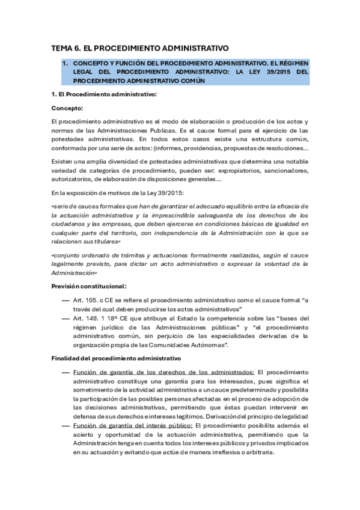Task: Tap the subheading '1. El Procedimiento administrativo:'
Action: tap(103, 94)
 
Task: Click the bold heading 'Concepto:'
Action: tap(67, 108)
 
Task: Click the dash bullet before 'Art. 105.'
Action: tap(65, 300)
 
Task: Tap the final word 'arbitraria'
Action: tap(258, 453)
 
